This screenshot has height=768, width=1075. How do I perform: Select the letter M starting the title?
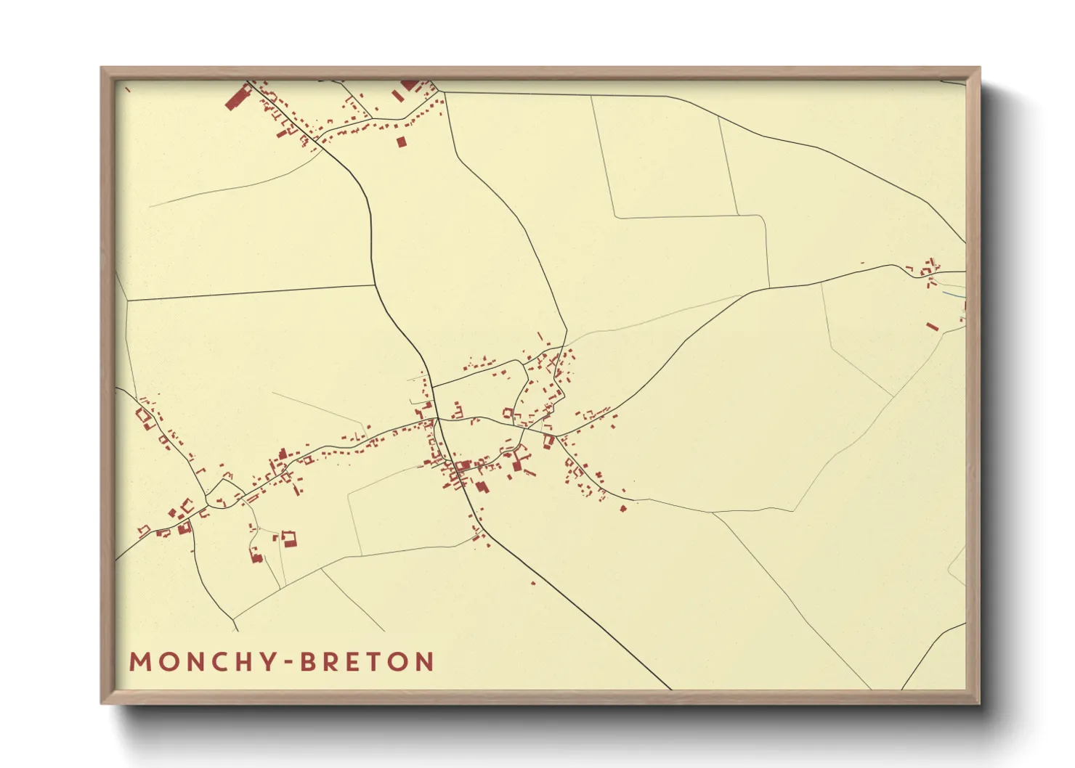click(139, 662)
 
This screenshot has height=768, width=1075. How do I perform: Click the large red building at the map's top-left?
click(237, 97)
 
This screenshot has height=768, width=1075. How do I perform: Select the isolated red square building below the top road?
click(401, 142)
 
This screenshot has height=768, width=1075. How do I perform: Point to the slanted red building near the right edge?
click(933, 327)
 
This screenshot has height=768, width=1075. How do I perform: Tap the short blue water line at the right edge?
click(957, 295)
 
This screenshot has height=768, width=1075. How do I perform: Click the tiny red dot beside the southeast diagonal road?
click(533, 583)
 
